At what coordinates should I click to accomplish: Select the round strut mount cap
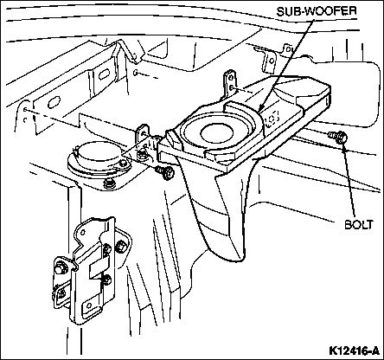click(99, 155)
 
